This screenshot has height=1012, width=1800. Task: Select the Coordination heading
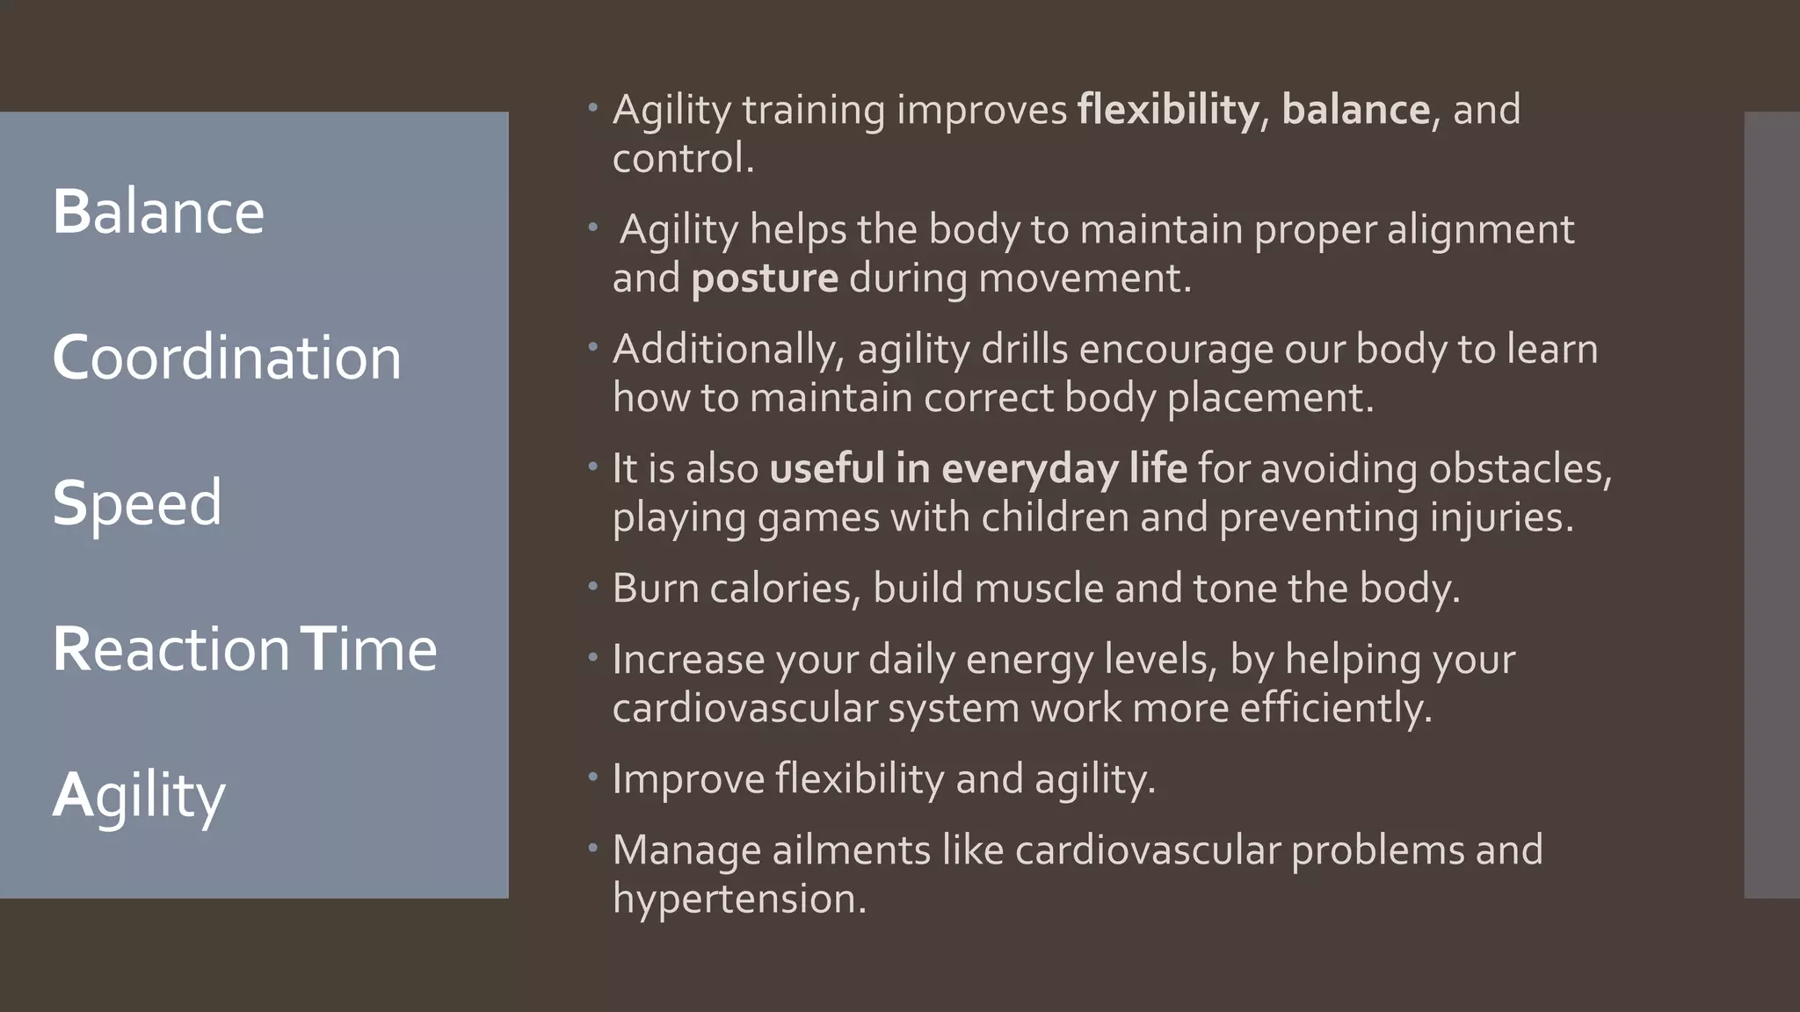coord(227,358)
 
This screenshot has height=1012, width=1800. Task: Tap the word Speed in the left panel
coord(137,503)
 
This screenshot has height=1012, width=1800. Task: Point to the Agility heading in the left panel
coord(139,796)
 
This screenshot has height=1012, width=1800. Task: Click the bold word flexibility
coord(1168,110)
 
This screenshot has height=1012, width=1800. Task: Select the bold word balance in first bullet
coord(1355,110)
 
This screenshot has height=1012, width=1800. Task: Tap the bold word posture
coord(765,278)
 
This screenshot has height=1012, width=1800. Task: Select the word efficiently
coord(1335,707)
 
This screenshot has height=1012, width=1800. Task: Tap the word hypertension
coord(738,899)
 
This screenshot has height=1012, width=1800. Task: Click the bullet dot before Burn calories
coord(593,585)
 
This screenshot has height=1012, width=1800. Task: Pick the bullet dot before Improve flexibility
coord(593,776)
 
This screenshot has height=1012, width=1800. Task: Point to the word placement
coord(1270,398)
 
